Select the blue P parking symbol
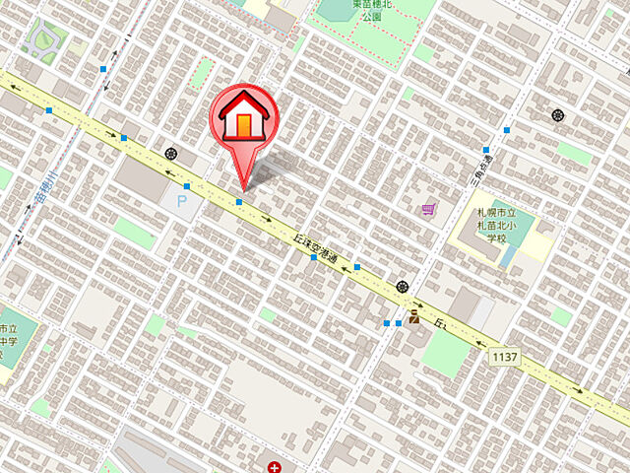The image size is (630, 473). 180,202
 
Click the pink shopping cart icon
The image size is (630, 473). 427,209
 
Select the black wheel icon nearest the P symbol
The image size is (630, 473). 172,154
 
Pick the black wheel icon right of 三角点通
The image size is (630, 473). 558,115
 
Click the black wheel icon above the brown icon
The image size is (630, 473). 402,287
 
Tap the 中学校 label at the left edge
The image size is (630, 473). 6,341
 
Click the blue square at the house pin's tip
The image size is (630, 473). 239,202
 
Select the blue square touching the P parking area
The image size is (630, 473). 187,185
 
